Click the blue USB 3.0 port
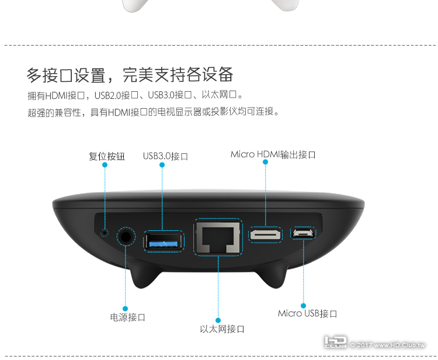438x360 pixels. pos(164,241)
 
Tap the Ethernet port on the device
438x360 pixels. pos(218,237)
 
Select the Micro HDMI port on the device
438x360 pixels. pos(265,234)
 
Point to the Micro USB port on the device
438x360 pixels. pos(303,233)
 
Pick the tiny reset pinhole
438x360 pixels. pos(105,232)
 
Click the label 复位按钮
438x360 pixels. pos(107,156)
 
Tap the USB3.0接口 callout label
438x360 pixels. pos(165,156)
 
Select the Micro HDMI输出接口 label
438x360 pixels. pos(273,154)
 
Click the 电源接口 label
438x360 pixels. pos(128,317)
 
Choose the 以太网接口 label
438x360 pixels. pos(222,329)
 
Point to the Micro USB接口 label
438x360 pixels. pos(307,313)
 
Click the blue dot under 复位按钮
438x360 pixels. pos(105,165)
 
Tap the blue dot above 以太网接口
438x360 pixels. pos(218,320)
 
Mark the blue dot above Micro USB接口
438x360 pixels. pos(303,306)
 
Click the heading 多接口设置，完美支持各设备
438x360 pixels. pos(130,75)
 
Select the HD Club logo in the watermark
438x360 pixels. pos(335,342)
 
